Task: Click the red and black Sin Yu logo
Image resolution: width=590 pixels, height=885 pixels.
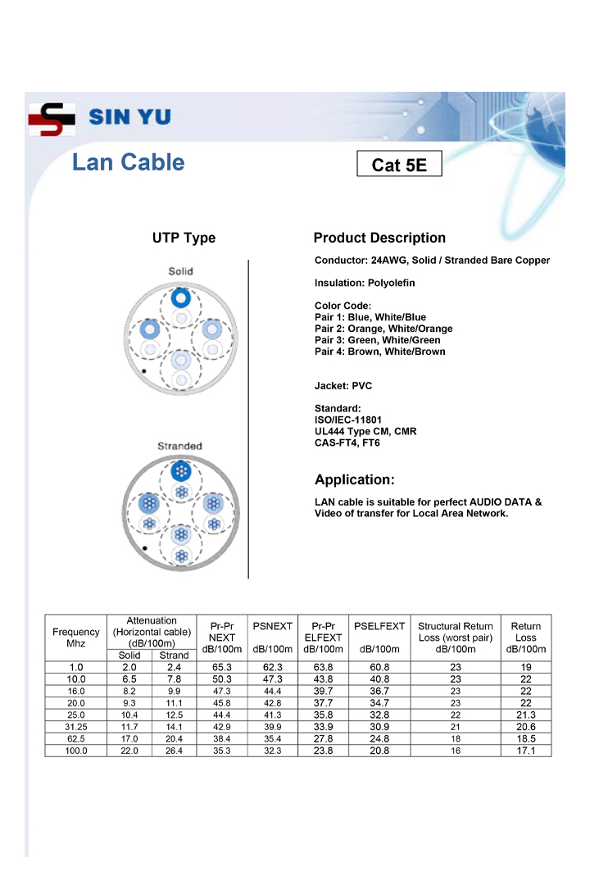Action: [52, 119]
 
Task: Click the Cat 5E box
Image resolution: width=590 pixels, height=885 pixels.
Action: [399, 165]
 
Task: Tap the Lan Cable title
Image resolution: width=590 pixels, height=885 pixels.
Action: [129, 162]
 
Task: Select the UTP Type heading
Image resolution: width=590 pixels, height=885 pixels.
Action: [184, 238]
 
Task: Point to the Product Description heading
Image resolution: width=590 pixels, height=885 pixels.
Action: [379, 238]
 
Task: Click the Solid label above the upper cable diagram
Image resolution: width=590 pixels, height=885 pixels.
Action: [181, 271]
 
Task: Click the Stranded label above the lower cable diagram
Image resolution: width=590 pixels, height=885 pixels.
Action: [179, 446]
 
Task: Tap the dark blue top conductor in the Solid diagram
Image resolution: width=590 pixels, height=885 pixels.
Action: [181, 297]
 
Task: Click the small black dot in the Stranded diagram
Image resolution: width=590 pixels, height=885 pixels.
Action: [145, 547]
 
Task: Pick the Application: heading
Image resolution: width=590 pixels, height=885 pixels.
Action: [354, 479]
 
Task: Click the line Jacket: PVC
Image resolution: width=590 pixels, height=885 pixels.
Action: [343, 386]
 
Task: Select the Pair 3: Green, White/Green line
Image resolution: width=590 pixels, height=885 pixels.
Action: [378, 340]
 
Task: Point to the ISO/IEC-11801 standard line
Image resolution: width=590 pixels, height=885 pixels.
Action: [348, 420]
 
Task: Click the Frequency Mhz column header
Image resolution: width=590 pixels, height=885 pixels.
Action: [76, 638]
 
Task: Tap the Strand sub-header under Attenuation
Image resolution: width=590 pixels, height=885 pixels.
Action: [174, 656]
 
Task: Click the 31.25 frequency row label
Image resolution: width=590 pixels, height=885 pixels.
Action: [76, 727]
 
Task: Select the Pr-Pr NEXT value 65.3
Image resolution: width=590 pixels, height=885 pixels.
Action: [221, 668]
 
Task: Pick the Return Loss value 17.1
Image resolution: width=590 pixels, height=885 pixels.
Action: [525, 751]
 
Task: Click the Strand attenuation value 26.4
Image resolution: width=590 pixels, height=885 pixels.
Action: [174, 751]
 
